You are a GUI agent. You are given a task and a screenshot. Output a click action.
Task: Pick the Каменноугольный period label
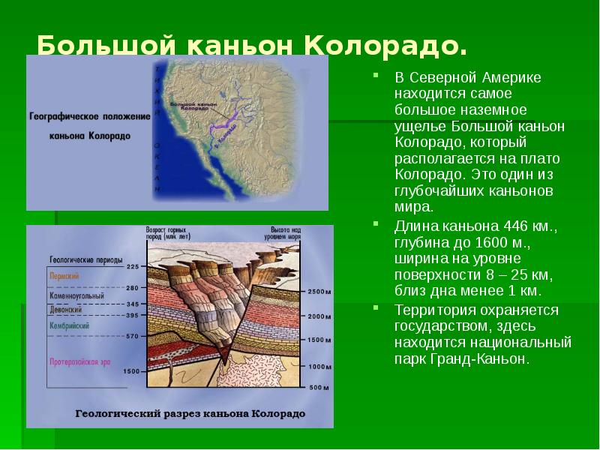[x=79, y=296]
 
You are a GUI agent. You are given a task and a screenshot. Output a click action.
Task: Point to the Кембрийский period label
[x=70, y=326]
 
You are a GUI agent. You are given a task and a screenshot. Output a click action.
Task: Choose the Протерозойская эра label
[x=80, y=361]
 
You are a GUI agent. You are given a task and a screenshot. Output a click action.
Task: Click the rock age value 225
[x=133, y=267]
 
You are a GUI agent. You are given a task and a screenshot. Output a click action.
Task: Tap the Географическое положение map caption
[x=80, y=118]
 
